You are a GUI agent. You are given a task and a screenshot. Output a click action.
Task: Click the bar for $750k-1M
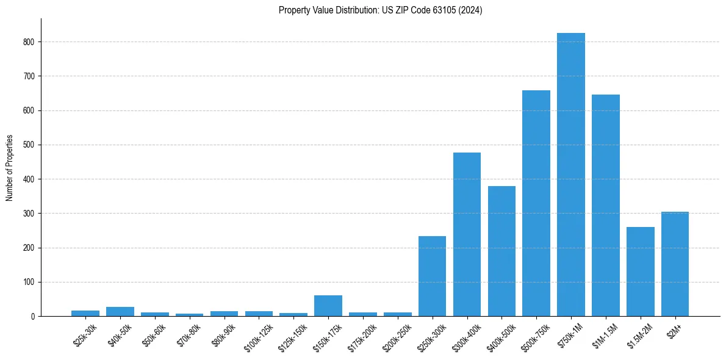pos(571,175)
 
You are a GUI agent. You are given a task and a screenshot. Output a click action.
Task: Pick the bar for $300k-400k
pos(467,234)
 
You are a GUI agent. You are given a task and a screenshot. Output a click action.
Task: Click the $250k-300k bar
pos(432,276)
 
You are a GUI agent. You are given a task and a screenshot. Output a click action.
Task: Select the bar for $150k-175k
pos(328,306)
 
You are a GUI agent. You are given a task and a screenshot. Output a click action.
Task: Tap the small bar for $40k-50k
pos(120,312)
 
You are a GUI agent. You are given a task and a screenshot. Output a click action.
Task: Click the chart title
pos(380,10)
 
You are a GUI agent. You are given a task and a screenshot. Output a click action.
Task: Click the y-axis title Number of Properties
pos(10,168)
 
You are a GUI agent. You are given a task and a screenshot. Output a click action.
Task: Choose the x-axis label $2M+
pos(675,329)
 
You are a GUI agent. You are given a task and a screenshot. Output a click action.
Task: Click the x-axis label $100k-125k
pos(259,336)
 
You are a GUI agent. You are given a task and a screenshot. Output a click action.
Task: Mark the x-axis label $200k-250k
pos(397,336)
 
